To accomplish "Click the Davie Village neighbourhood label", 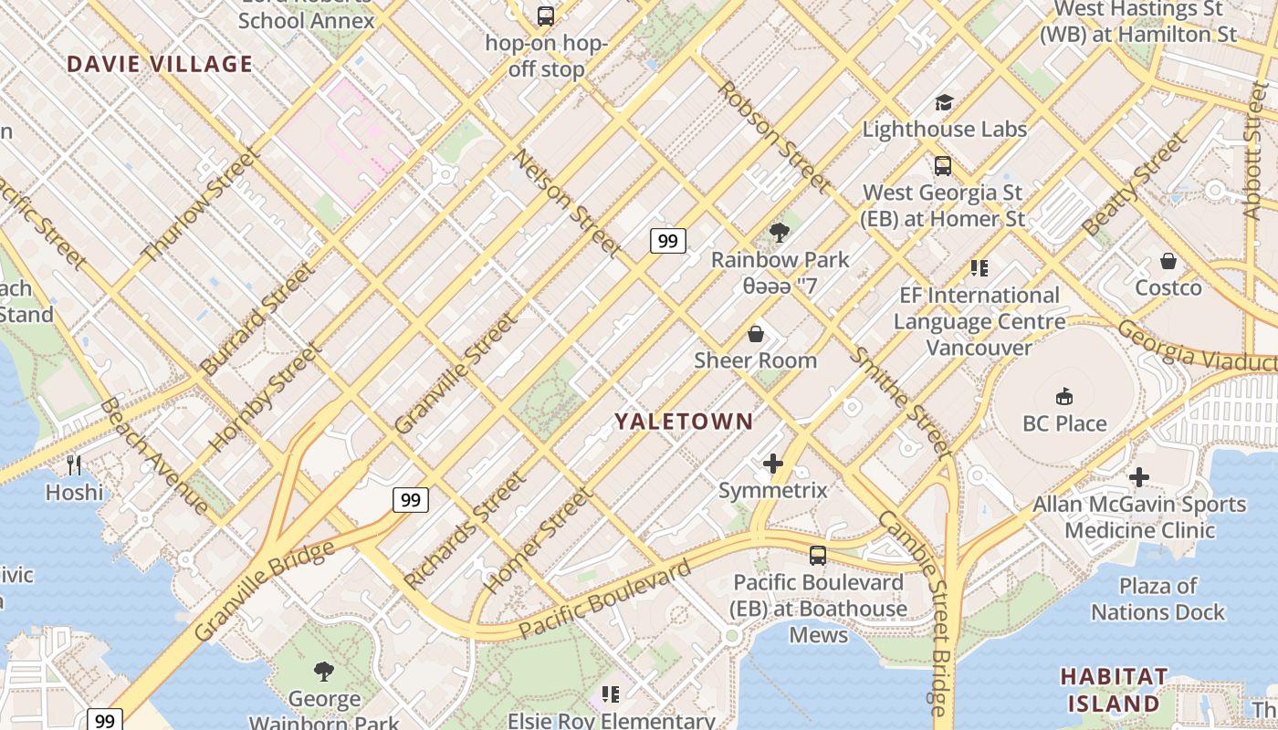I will click(x=160, y=64).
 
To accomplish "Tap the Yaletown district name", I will click(x=684, y=422).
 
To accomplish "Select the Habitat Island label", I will click(x=1114, y=690).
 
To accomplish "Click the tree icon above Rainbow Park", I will click(x=779, y=233).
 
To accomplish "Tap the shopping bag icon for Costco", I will click(x=1168, y=262).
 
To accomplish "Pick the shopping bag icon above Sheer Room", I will click(x=755, y=334).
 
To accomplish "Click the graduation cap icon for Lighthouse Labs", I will click(x=944, y=103).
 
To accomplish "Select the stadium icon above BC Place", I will click(x=1063, y=397).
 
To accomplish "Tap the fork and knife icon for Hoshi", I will click(x=74, y=465).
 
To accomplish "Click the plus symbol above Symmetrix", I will click(x=773, y=464).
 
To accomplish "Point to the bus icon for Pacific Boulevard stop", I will click(x=818, y=555).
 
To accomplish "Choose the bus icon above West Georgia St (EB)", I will click(x=943, y=166).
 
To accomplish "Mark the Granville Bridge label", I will click(x=264, y=591).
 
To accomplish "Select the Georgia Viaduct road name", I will click(x=1196, y=346).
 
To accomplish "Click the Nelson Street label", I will click(x=567, y=203).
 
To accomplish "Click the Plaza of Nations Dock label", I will click(x=1158, y=599).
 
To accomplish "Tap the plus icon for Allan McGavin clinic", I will click(x=1138, y=477).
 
